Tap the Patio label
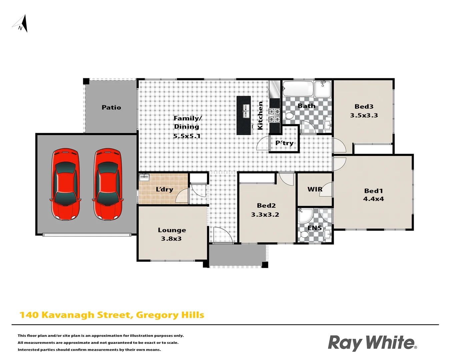click(111, 107)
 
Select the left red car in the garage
click(65, 184)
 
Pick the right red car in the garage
click(107, 184)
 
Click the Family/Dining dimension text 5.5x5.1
click(187, 136)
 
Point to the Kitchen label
click(260, 116)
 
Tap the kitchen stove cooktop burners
click(274, 115)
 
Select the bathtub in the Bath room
click(298, 88)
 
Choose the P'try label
click(284, 143)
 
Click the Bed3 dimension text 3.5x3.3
click(364, 115)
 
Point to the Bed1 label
click(373, 191)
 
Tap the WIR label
click(315, 189)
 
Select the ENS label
click(315, 228)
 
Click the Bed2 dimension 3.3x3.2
click(265, 215)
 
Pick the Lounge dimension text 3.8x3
click(171, 239)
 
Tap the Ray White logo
click(372, 343)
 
